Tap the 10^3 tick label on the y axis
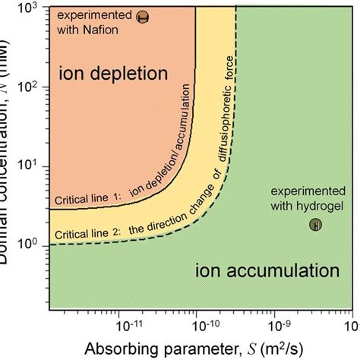click(x=30, y=8)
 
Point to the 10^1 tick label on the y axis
click(x=30, y=166)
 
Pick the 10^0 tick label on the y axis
click(x=30, y=244)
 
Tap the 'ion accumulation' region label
click(x=266, y=271)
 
